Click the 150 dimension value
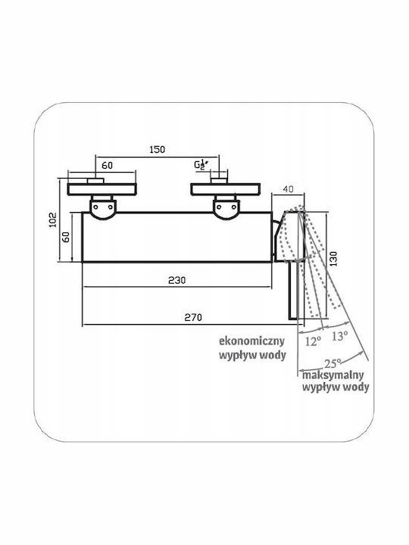tap(158, 149)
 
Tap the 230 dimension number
tap(177, 280)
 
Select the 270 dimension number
tap(193, 317)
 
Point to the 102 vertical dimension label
tap(52, 220)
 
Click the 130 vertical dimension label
tap(333, 259)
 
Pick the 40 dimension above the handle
tap(288, 189)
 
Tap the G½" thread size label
tap(201, 164)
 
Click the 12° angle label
tap(312, 341)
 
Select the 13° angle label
tap(339, 336)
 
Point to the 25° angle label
tap(333, 364)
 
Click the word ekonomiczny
tap(251, 341)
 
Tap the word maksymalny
tap(333, 375)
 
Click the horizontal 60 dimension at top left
tap(107, 165)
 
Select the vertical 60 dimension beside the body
tap(66, 237)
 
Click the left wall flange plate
tap(102, 189)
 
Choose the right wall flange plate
tap(226, 189)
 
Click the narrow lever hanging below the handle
tap(294, 291)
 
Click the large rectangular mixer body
tap(176, 237)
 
